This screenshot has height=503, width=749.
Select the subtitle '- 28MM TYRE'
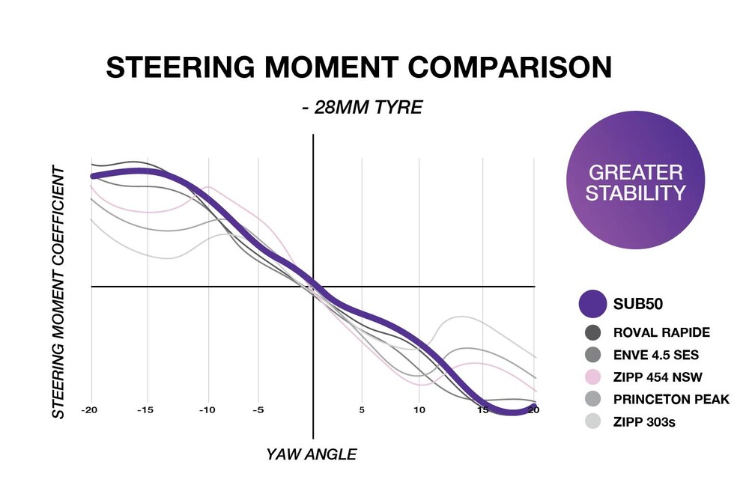(362, 107)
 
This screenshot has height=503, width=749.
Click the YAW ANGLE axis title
(312, 454)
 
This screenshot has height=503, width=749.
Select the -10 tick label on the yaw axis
(207, 410)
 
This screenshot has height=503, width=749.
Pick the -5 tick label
(258, 410)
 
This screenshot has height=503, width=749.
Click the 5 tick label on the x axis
(362, 410)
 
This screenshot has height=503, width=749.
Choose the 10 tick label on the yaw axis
(419, 410)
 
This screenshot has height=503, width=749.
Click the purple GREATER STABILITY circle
(635, 183)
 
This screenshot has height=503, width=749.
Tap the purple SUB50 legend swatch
(592, 304)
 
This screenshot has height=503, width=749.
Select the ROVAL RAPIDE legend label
(661, 332)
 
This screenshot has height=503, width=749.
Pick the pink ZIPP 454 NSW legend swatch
(592, 377)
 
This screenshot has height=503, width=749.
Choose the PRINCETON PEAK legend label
(671, 399)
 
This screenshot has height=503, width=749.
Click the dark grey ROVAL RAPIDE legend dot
(592, 332)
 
